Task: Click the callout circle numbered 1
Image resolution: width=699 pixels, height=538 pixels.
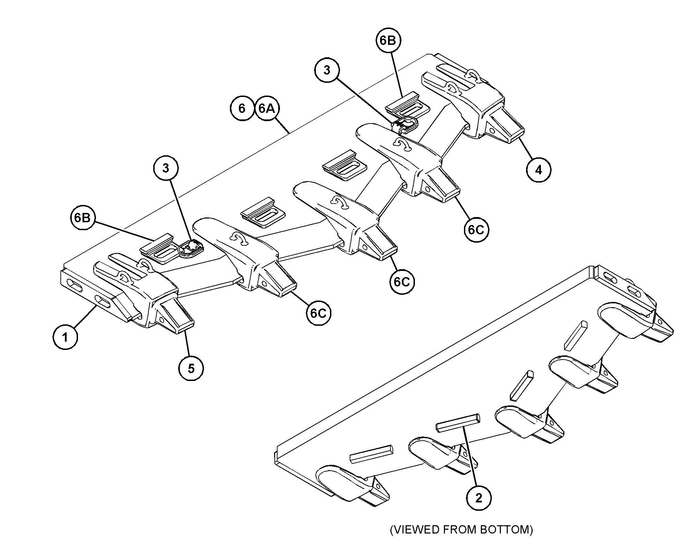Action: [65, 337]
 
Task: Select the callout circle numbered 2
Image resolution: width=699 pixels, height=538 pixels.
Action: [479, 498]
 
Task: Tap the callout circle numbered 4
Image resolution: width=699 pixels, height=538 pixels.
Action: [539, 169]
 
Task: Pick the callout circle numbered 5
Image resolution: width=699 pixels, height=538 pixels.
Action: [191, 368]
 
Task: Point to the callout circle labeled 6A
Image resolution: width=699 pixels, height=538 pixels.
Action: [267, 108]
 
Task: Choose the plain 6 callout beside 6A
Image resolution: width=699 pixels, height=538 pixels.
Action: [242, 108]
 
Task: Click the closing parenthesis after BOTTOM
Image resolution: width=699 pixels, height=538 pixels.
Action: [531, 529]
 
